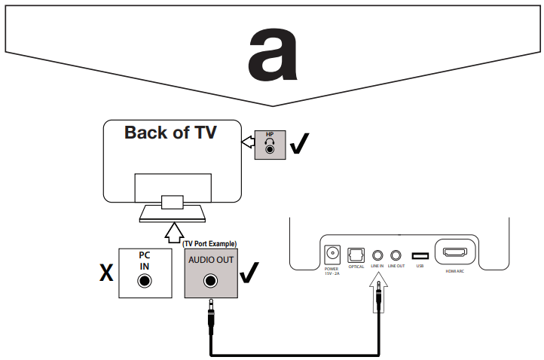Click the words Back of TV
pos(170,133)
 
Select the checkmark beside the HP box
pos(301,145)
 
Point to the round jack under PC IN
pos(143,282)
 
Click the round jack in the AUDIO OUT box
pos(210,282)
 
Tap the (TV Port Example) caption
pos(210,244)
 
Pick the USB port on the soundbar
pos(419,255)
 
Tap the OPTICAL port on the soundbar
pos(356,255)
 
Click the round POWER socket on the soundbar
pos(332,255)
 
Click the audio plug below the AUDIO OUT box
pos(210,316)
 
